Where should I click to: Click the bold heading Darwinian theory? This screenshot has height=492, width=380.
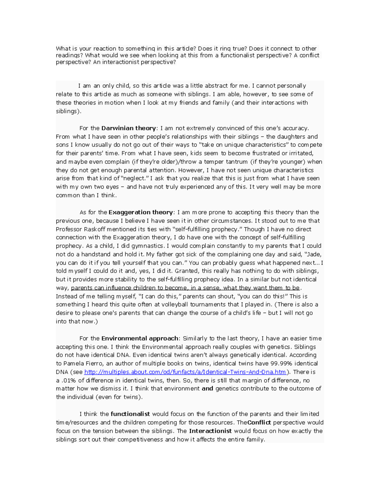[x=129, y=128]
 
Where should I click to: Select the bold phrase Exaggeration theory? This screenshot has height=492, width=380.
[x=141, y=212]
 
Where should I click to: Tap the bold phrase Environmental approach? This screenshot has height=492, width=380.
[x=140, y=338]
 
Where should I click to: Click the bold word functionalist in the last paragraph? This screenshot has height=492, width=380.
[x=130, y=414]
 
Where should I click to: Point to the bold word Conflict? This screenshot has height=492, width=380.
[x=259, y=423]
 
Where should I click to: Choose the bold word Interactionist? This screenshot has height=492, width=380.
[x=210, y=431]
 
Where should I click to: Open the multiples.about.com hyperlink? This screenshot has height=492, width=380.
[x=185, y=372]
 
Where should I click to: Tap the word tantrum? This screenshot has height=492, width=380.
[x=235, y=162]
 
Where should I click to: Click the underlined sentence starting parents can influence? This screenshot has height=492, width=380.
[x=185, y=288]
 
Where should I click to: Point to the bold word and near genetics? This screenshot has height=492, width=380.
[x=207, y=389]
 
